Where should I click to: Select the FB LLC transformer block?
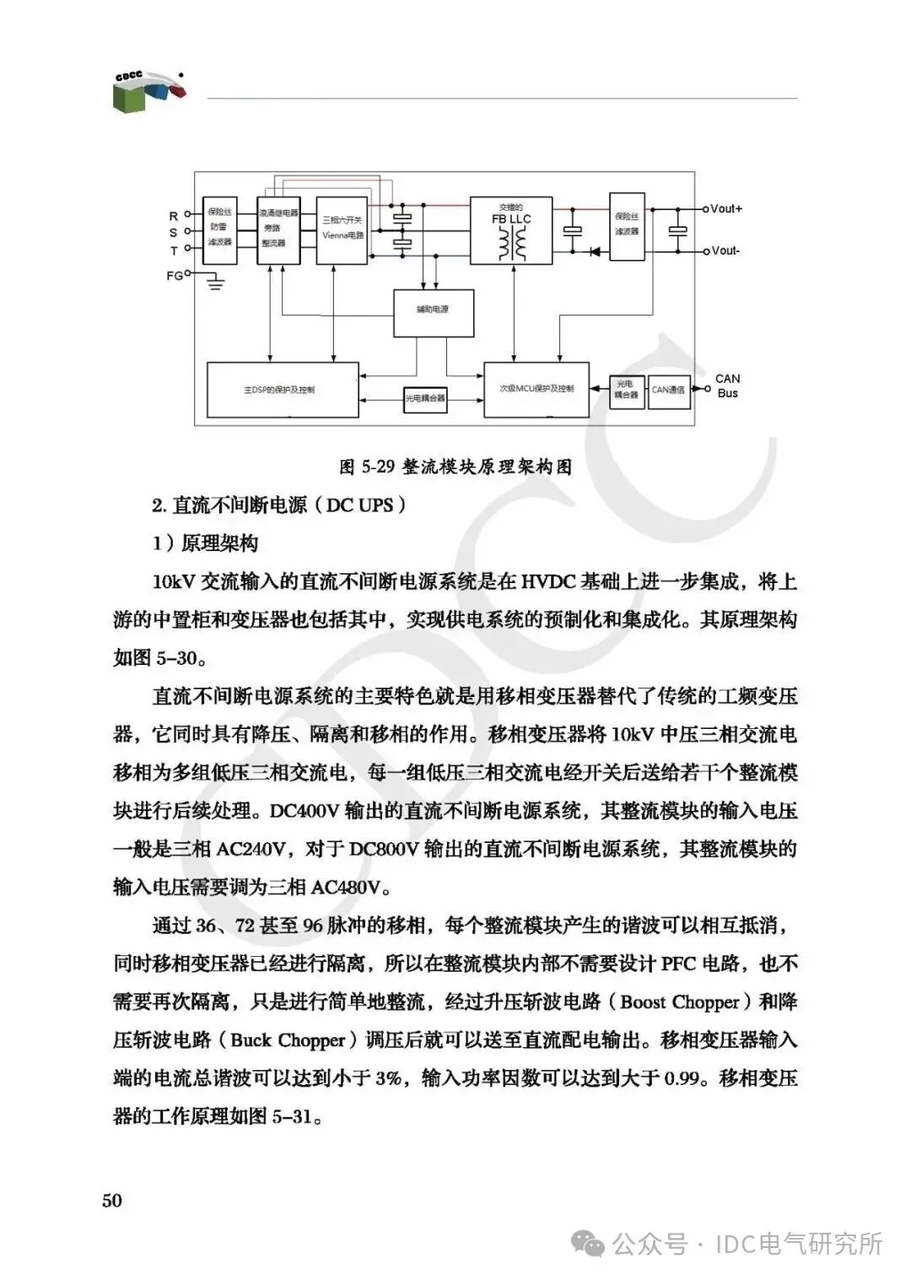pyautogui.click(x=511, y=230)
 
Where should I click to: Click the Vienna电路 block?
pyautogui.click(x=342, y=230)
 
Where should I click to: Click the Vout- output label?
pyautogui.click(x=725, y=251)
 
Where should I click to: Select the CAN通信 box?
pyautogui.click(x=668, y=390)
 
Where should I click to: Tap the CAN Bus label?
pyautogui.click(x=727, y=386)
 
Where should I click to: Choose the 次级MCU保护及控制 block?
pyautogui.click(x=536, y=389)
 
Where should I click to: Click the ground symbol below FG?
pyautogui.click(x=216, y=283)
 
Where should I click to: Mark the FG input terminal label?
pyautogui.click(x=174, y=275)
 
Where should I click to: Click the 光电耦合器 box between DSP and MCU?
pyautogui.click(x=424, y=397)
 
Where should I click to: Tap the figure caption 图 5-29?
pyautogui.click(x=455, y=467)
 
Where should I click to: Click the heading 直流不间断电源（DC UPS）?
pyautogui.click(x=279, y=505)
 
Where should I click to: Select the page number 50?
pyautogui.click(x=112, y=1200)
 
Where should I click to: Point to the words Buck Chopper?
pyautogui.click(x=288, y=1040)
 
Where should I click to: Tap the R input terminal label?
pyautogui.click(x=174, y=217)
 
